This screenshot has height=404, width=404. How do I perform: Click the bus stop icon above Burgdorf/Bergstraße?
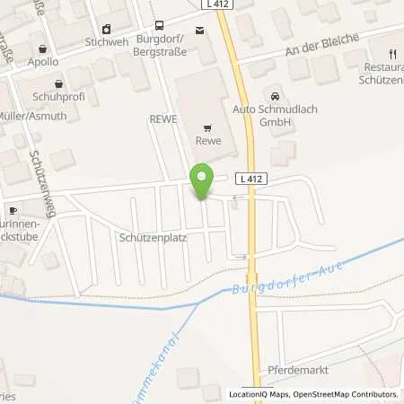[159, 27]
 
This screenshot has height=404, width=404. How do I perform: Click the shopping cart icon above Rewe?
[208, 127]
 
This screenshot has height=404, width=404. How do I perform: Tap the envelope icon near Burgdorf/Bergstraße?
[199, 30]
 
